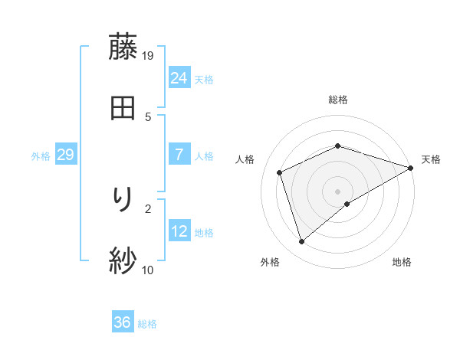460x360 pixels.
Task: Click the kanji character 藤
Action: (x=123, y=47)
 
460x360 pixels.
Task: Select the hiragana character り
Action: (x=123, y=201)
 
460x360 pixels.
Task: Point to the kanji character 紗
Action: (x=123, y=261)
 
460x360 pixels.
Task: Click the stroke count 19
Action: (x=148, y=55)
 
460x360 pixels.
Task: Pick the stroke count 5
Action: (x=148, y=116)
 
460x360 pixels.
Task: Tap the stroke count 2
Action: (x=148, y=208)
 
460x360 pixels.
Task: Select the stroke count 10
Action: (x=148, y=270)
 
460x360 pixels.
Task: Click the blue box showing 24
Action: (x=179, y=77)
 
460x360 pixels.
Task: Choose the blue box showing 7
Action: (x=179, y=155)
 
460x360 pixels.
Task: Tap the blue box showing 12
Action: (x=179, y=231)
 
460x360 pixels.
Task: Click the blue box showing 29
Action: (x=65, y=155)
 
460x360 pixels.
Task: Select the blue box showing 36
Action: (x=122, y=322)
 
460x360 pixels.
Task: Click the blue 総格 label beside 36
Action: (x=147, y=324)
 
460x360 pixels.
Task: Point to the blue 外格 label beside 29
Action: (x=41, y=156)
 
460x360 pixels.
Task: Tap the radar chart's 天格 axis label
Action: (x=431, y=159)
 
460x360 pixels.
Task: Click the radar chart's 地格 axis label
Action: (x=402, y=262)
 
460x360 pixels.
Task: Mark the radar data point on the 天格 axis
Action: (x=411, y=168)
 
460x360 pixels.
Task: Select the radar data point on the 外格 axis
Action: (x=301, y=242)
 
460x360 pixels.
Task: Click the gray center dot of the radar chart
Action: (x=337, y=191)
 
